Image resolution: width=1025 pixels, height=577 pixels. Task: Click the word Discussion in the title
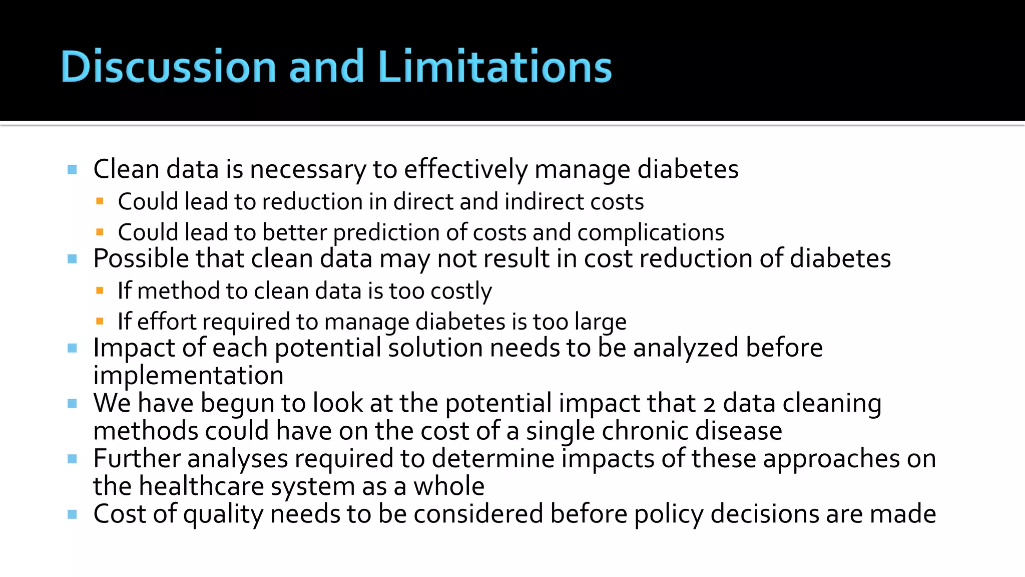click(168, 66)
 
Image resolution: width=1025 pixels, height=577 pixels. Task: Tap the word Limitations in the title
click(494, 66)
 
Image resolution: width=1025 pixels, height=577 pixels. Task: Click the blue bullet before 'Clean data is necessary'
click(72, 170)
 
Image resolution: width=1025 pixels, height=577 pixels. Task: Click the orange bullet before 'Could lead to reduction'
click(100, 201)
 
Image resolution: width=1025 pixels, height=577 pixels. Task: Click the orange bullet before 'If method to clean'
click(100, 291)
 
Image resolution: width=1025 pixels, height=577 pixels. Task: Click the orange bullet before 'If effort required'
click(100, 321)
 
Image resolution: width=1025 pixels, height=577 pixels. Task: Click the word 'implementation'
click(188, 376)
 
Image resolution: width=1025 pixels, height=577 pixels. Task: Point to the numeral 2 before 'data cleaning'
click(709, 404)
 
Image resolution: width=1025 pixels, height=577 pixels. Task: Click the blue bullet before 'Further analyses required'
click(72, 459)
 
